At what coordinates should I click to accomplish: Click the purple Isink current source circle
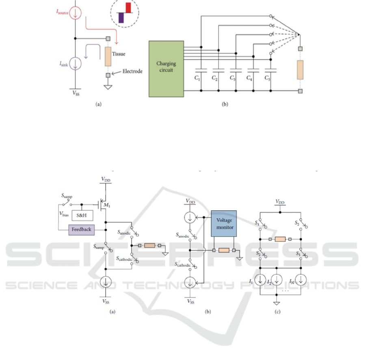[76, 63]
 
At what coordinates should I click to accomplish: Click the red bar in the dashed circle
[128, 7]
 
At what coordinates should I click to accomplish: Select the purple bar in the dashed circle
[121, 17]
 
